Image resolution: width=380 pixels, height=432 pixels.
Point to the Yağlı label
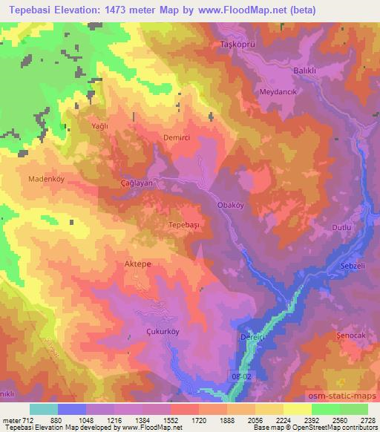(x=99, y=127)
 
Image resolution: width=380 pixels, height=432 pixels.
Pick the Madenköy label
(x=49, y=179)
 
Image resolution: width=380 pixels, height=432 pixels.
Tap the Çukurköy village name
(x=166, y=333)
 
